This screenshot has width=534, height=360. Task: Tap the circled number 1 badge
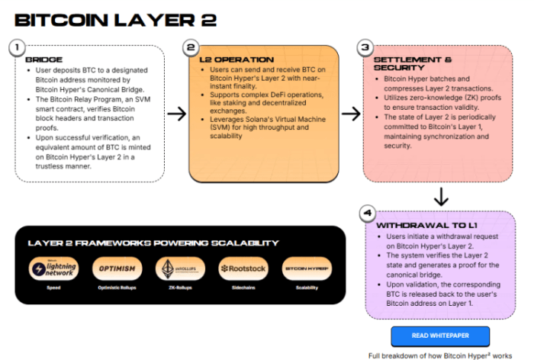(14, 48)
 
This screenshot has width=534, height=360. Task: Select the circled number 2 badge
(193, 48)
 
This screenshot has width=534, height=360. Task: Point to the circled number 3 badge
(365, 48)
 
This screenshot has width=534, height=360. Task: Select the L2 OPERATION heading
(236, 59)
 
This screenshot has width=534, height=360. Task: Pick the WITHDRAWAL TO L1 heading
(426, 226)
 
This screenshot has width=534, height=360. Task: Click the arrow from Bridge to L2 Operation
(176, 114)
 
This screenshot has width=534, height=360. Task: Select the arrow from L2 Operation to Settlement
(350, 114)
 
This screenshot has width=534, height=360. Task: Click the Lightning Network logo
(53, 268)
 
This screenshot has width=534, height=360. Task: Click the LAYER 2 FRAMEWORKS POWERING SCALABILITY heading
(153, 243)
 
